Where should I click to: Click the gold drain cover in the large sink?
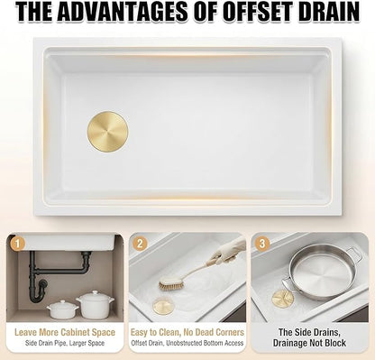pos(108,132)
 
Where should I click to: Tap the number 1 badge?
pos(17,244)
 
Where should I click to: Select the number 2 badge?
pos(140,244)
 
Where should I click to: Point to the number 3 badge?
pos(262,244)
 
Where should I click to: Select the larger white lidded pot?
pos(95,305)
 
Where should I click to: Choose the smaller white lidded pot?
pos(62,309)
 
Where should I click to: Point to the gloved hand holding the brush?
pos(229,250)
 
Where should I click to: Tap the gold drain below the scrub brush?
pos(162,306)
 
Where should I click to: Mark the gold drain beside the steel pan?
pos(282,299)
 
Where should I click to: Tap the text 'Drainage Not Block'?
pos(309,343)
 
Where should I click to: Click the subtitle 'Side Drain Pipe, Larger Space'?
pos(65,343)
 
